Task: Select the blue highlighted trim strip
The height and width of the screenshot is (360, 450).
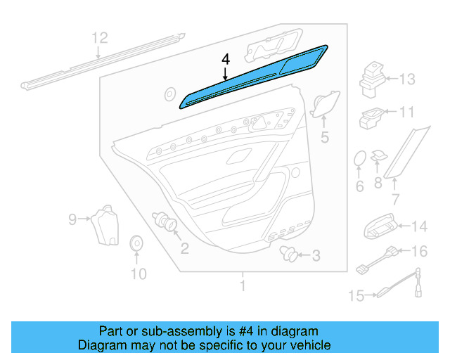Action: pos(253,77)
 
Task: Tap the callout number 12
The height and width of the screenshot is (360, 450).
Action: pos(100,38)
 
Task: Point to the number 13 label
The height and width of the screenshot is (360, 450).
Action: pos(407,79)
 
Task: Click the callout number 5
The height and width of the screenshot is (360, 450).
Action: pos(324,138)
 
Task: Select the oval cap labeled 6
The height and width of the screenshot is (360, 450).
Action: pos(359,160)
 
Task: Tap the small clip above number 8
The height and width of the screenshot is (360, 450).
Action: pos(379,155)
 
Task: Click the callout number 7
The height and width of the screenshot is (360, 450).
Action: pos(394,200)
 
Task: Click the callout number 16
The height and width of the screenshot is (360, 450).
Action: pos(418,251)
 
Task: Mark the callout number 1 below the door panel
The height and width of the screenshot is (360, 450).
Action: pos(243,286)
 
